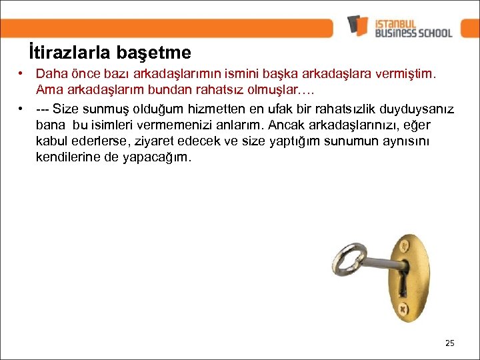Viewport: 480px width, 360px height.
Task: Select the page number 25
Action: tap(449, 343)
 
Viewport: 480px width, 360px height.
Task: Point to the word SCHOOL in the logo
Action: tap(432, 32)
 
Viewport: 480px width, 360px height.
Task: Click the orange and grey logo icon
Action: tap(358, 25)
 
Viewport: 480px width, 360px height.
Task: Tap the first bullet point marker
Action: tap(22, 73)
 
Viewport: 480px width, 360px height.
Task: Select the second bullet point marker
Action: tap(22, 108)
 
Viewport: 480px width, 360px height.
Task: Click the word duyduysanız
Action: tap(416, 108)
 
